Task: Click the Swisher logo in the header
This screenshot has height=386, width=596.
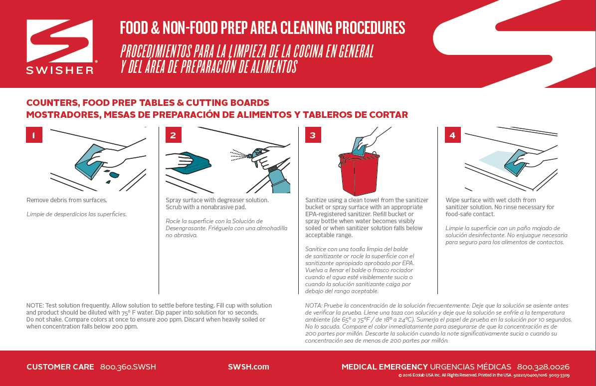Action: (x=60, y=46)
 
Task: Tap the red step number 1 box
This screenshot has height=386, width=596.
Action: (x=34, y=135)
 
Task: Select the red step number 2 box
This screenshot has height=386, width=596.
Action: (x=174, y=135)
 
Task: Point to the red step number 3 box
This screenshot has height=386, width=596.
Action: (x=313, y=135)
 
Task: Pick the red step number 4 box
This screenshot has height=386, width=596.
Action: (x=452, y=135)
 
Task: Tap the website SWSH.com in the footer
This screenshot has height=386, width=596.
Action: (x=248, y=367)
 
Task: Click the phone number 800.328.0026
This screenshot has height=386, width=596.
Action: (x=543, y=367)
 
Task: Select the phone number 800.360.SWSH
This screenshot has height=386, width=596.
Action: (x=128, y=367)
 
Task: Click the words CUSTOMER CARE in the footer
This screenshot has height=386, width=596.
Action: (x=60, y=367)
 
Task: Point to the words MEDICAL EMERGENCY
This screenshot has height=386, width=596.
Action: (x=385, y=367)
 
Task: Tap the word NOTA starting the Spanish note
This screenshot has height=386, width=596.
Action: (x=314, y=306)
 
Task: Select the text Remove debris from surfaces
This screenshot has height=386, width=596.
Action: (x=66, y=200)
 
